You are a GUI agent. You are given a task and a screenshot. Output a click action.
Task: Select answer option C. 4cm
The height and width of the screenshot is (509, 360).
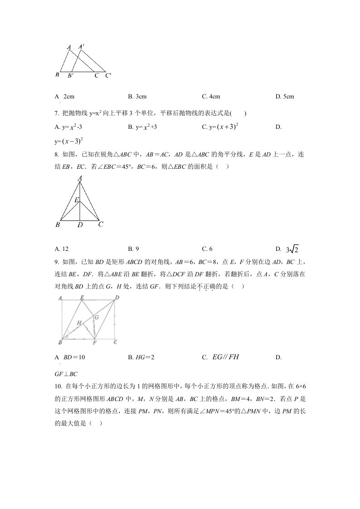tap(211, 97)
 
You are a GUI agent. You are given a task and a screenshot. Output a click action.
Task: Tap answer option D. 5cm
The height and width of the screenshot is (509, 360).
tap(285, 97)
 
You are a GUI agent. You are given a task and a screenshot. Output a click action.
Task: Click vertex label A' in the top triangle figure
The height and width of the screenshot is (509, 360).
tap(81, 46)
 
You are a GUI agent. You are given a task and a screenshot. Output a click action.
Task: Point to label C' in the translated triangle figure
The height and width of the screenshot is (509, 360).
tap(108, 76)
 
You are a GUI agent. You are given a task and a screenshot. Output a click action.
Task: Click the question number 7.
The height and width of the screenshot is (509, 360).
tap(57, 113)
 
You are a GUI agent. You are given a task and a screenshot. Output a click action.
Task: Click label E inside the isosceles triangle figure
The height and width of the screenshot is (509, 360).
tap(77, 200)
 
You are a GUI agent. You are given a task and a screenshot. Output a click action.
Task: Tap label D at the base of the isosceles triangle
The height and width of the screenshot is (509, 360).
tap(80, 225)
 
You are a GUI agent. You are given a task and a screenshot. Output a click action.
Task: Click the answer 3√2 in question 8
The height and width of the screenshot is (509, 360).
tap(292, 249)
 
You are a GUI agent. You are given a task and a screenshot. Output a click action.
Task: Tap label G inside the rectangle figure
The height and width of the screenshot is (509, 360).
tap(96, 318)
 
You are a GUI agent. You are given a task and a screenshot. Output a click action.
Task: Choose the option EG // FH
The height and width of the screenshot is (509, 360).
tap(225, 357)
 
